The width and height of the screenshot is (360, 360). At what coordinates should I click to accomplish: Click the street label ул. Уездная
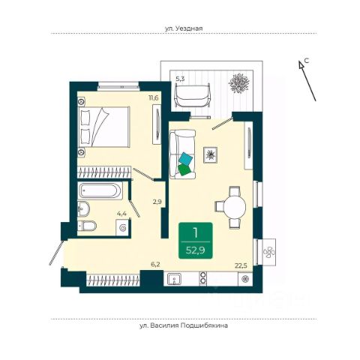click(x=184, y=28)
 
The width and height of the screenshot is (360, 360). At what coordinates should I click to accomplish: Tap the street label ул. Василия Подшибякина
click(x=184, y=325)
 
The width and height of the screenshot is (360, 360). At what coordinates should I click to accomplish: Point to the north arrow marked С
click(x=307, y=81)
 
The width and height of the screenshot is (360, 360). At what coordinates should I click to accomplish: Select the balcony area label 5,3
click(x=180, y=79)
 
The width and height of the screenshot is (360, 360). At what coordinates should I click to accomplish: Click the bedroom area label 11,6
click(x=154, y=97)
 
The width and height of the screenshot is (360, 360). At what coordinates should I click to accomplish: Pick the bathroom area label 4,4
click(x=121, y=214)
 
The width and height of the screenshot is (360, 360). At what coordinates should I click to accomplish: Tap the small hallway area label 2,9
click(x=157, y=202)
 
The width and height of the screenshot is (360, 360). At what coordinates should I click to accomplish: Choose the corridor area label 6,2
click(x=155, y=265)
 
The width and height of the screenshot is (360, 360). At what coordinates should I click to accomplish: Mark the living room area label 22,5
click(x=241, y=265)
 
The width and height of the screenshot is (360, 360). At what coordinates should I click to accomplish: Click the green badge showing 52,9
click(x=196, y=241)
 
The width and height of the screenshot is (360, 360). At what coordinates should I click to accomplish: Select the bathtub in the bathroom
click(x=100, y=190)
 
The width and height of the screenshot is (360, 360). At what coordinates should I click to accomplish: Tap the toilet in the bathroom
click(x=87, y=226)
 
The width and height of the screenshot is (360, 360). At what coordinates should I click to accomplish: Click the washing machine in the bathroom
click(x=123, y=227)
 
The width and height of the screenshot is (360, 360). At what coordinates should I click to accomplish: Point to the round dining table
click(x=235, y=207)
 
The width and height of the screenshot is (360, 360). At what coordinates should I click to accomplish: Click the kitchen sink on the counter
click(x=175, y=279)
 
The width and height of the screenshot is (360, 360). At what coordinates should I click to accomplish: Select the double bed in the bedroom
click(x=104, y=127)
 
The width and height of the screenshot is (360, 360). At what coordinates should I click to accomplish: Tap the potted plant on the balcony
click(x=239, y=83)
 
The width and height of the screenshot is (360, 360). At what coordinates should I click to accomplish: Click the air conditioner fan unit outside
click(x=268, y=252)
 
